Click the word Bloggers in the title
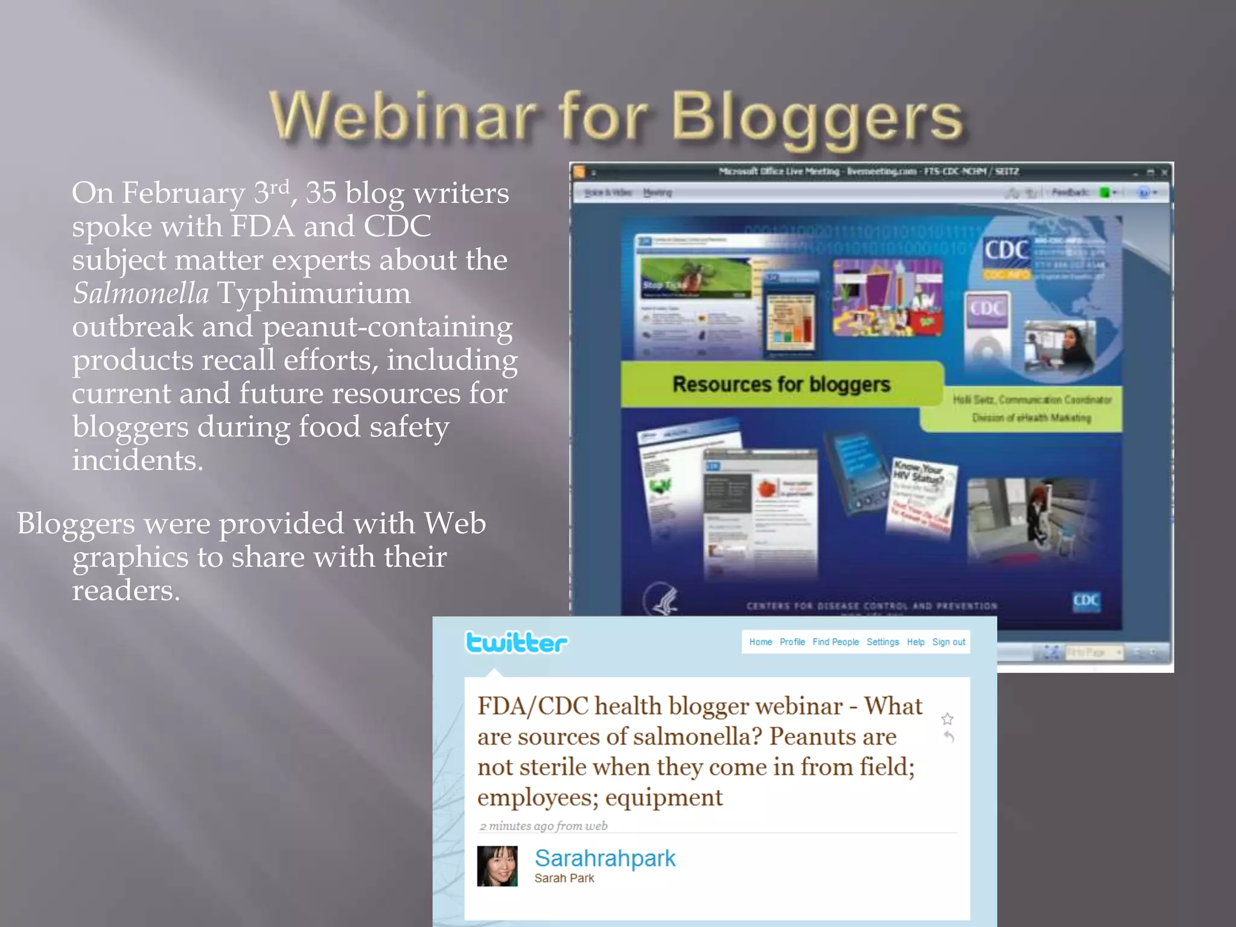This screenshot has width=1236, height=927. tap(817, 118)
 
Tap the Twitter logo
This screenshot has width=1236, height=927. tap(517, 643)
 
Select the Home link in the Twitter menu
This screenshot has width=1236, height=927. tap(760, 642)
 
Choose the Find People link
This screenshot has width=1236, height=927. tap(835, 642)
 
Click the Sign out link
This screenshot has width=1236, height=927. tap(949, 642)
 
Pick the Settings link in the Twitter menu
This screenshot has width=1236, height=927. tap(882, 642)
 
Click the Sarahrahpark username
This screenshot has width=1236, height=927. tap(605, 858)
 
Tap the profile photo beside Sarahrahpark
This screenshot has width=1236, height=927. tap(497, 866)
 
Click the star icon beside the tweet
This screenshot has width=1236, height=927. tap(948, 719)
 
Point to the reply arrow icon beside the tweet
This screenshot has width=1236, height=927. tap(949, 737)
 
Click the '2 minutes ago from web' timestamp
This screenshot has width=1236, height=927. tap(543, 826)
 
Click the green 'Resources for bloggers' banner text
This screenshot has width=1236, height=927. tap(781, 384)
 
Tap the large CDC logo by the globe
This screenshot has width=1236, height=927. tap(1007, 250)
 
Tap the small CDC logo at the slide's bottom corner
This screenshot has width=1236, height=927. tap(1086, 600)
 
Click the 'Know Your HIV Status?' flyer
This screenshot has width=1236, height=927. tap(920, 495)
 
